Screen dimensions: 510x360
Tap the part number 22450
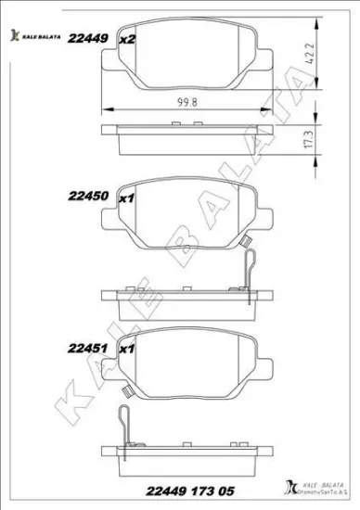tap(86, 197)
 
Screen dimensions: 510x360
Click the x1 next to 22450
tap(128, 197)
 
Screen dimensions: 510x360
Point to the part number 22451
tap(86, 350)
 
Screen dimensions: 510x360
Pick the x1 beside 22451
tap(128, 350)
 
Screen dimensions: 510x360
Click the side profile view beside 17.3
tap(192, 139)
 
